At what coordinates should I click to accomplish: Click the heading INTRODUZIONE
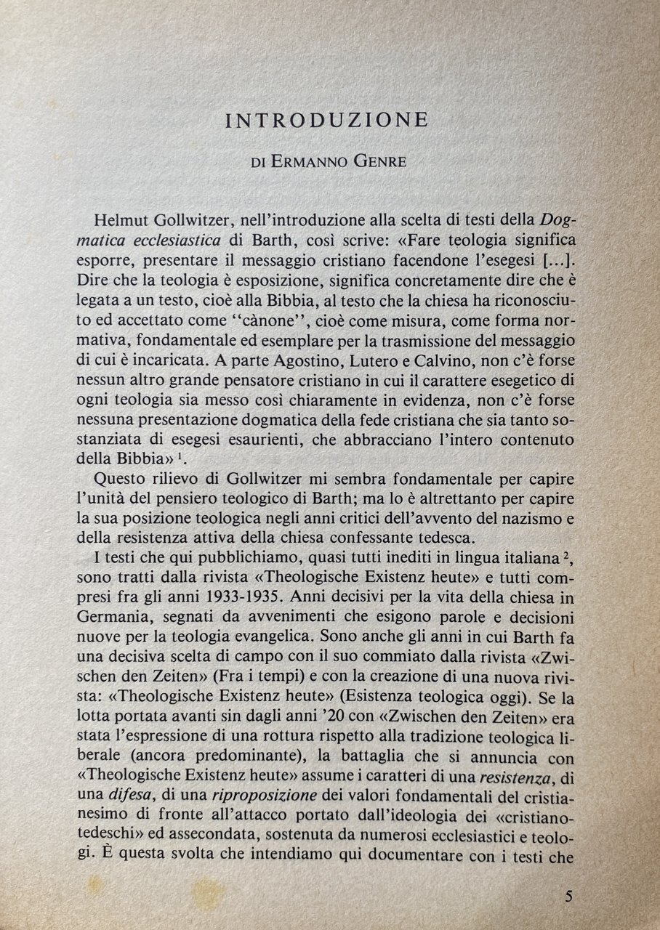pyautogui.click(x=327, y=120)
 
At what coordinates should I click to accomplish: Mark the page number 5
pyautogui.click(x=568, y=894)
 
